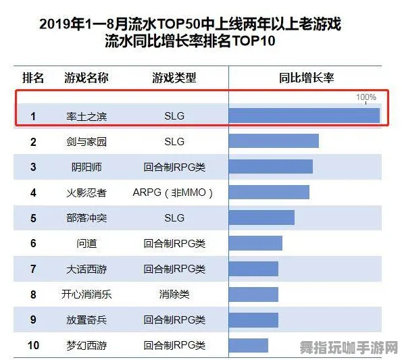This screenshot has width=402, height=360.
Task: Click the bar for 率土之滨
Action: tap(304, 115)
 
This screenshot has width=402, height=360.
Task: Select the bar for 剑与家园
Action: tap(274, 141)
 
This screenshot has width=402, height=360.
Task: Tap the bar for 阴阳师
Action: tap(270, 167)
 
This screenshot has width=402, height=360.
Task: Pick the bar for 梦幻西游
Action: tap(249, 345)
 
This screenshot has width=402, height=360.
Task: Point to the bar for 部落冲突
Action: tap(261, 217)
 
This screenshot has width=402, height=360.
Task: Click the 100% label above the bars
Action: tap(366, 97)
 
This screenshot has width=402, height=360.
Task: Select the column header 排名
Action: tap(33, 78)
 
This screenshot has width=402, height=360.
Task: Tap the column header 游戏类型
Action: tap(174, 78)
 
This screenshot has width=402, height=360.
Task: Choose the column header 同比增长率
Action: tap(306, 78)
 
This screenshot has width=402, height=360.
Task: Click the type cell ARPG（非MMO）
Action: tap(174, 192)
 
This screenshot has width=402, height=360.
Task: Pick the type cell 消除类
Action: tap(174, 294)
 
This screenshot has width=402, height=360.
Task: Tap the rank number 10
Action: tap(33, 345)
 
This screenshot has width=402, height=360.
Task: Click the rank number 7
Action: tap(33, 269)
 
